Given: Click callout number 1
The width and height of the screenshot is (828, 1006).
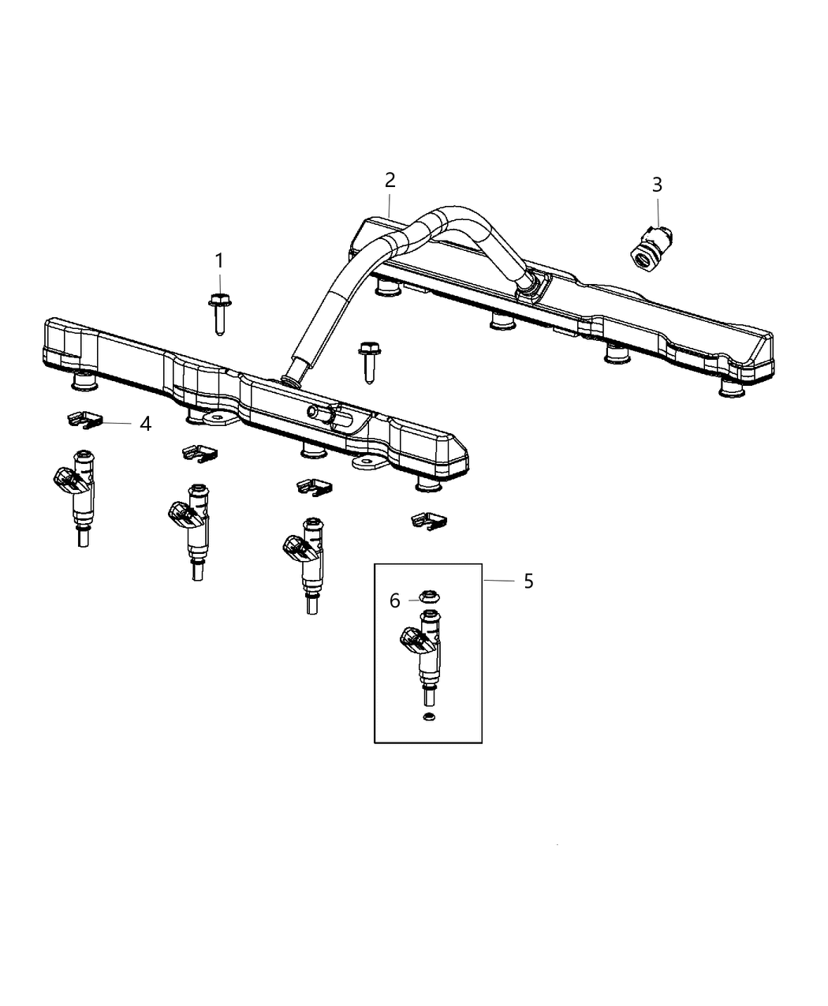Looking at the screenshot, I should click(219, 260).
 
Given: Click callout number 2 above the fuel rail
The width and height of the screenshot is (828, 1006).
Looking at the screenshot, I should click(390, 180).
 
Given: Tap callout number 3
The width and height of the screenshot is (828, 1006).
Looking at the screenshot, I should click(657, 185).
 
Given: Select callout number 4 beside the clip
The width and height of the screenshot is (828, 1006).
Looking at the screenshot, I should click(145, 424).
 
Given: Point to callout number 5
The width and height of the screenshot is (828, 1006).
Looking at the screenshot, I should click(528, 582).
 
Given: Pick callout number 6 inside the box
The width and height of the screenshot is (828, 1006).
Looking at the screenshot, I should click(394, 601).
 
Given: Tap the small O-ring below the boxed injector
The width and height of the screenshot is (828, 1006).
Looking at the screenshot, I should click(429, 716).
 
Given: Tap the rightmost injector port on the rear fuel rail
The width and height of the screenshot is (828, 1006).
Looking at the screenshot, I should click(732, 388).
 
